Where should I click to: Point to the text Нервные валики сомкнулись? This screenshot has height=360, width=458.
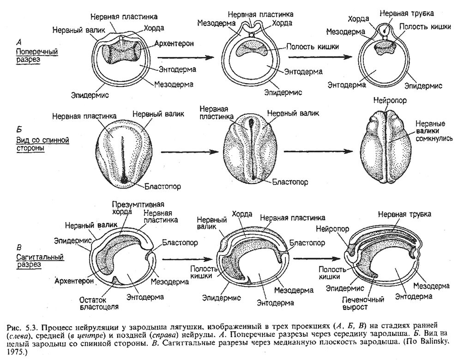click(430, 131)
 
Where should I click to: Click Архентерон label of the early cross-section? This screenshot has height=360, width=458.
click(174, 43)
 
